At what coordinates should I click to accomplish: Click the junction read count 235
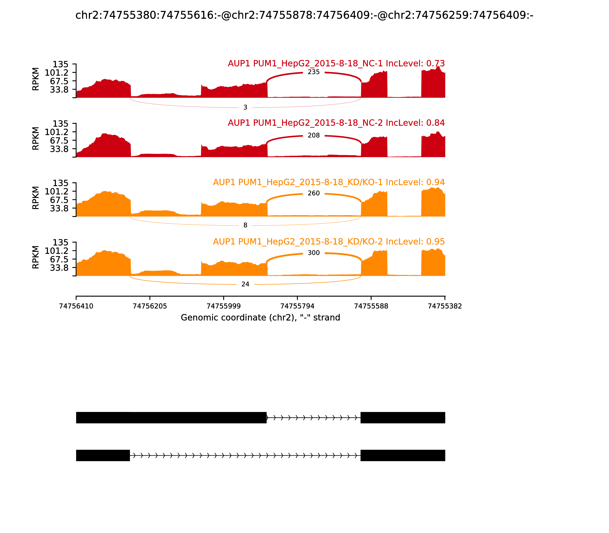click(313, 72)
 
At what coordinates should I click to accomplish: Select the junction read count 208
click(313, 135)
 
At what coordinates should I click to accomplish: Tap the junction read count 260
click(313, 193)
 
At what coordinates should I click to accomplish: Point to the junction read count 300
click(313, 253)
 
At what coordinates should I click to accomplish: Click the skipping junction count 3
click(245, 107)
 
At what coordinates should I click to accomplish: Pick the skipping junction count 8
click(245, 225)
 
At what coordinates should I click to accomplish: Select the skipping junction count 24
click(245, 284)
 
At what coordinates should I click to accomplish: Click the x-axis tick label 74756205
click(150, 306)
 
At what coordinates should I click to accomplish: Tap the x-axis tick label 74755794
click(297, 306)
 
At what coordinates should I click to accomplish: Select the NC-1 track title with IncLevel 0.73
click(336, 63)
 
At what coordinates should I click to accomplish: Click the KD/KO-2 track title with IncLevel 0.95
click(329, 242)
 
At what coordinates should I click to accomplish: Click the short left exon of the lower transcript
click(103, 455)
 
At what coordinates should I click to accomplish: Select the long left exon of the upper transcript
click(171, 418)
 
